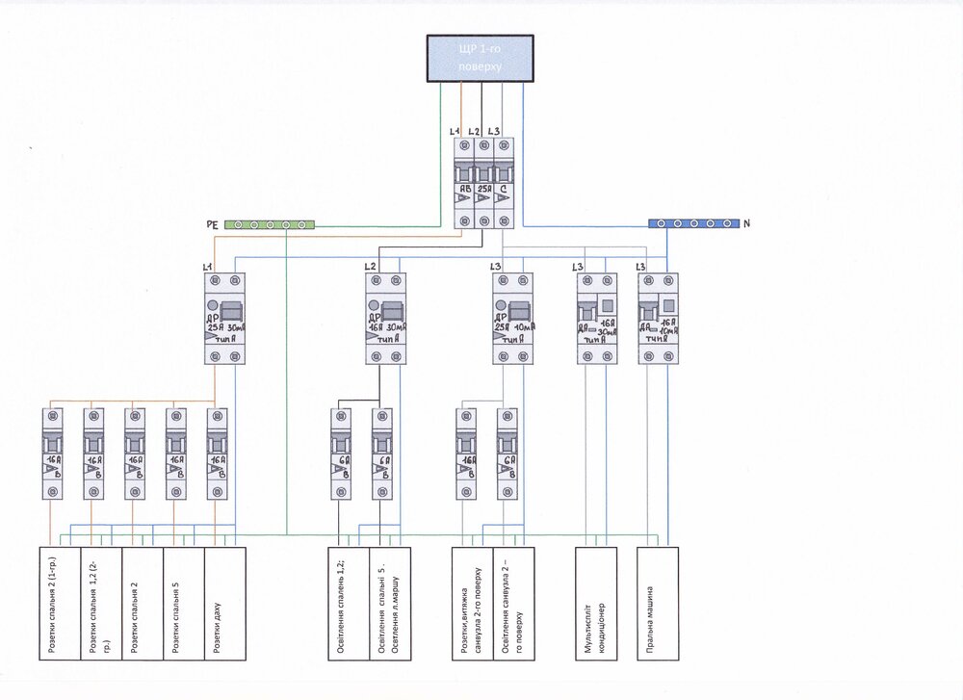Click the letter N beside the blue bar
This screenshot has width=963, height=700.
(746, 223)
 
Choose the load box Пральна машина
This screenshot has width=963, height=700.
(659, 604)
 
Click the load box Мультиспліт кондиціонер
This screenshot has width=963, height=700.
(595, 604)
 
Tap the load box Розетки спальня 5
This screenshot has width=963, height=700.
(184, 604)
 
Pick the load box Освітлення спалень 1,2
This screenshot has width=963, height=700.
(348, 604)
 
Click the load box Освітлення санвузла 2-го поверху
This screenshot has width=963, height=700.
(512, 604)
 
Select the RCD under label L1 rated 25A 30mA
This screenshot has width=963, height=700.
(225, 318)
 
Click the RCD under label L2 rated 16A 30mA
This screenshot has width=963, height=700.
(385, 318)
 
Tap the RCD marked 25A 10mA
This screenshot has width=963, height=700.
(512, 318)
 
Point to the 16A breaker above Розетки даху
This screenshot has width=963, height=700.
(219, 454)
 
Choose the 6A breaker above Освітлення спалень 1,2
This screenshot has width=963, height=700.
(342, 454)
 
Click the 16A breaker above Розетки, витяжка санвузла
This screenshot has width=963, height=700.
(466, 454)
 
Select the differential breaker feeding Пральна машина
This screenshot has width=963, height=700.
(659, 318)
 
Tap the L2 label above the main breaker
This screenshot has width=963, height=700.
(474, 131)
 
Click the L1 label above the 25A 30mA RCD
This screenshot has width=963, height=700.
(207, 265)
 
